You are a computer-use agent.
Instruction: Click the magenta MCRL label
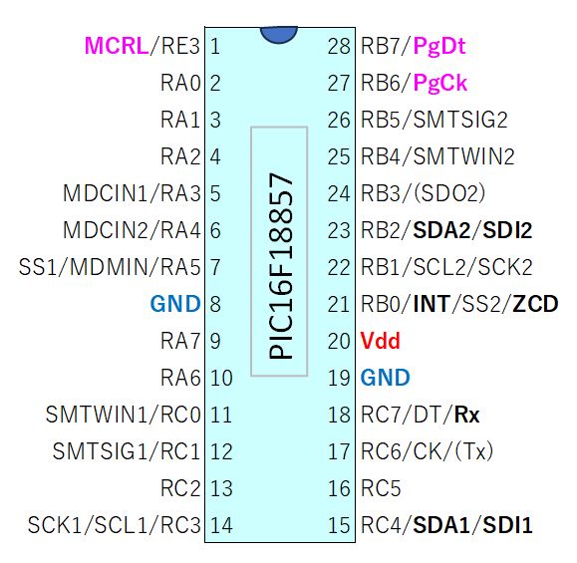pyautogui.click(x=117, y=46)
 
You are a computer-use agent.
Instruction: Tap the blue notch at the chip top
pyautogui.click(x=279, y=34)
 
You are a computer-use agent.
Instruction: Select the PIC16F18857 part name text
pyautogui.click(x=281, y=266)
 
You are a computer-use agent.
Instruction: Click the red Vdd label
pyautogui.click(x=380, y=341)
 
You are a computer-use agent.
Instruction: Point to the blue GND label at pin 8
pyautogui.click(x=175, y=304)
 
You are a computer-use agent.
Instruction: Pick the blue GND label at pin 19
pyautogui.click(x=386, y=378)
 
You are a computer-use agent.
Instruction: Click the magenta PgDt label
pyautogui.click(x=439, y=47)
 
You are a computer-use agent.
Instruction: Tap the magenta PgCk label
pyautogui.click(x=440, y=83)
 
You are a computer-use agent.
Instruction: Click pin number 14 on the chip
pyautogui.click(x=221, y=525)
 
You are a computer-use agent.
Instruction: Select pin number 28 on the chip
pyautogui.click(x=339, y=47)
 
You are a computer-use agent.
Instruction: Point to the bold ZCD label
pyautogui.click(x=535, y=304)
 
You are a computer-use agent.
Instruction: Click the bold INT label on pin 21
pyautogui.click(x=432, y=304)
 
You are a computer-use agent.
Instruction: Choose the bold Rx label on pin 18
pyautogui.click(x=467, y=415)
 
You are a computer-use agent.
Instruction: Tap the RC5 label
pyautogui.click(x=381, y=488)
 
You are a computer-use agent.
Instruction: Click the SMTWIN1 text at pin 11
pyautogui.click(x=97, y=415)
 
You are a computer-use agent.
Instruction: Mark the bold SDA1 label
pyautogui.click(x=441, y=525)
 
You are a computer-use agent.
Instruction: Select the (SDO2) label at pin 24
pyautogui.click(x=449, y=193)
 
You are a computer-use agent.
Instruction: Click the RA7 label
pyautogui.click(x=180, y=341)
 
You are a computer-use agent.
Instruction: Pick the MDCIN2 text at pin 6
pyautogui.click(x=106, y=230)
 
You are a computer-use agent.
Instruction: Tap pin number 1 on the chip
pyautogui.click(x=215, y=47)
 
